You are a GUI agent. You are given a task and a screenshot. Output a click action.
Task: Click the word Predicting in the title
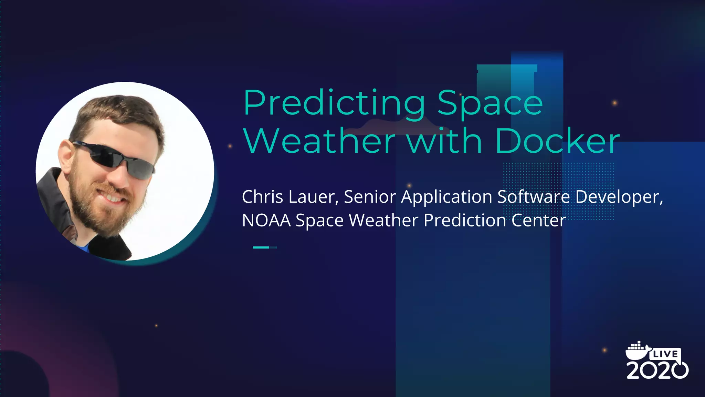pyautogui.click(x=334, y=103)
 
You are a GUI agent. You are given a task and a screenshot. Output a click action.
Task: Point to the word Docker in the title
pyautogui.click(x=557, y=141)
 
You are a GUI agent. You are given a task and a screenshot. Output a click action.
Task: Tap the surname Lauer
pyautogui.click(x=314, y=197)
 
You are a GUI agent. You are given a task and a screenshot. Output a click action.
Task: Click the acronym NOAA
pyautogui.click(x=266, y=220)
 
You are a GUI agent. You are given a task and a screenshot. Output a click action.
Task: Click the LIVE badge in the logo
pyautogui.click(x=665, y=354)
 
